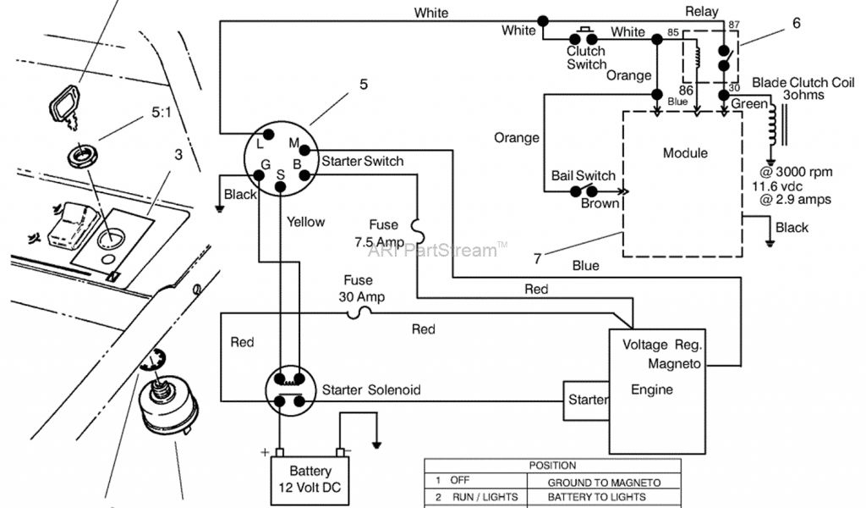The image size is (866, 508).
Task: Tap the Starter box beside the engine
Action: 586,399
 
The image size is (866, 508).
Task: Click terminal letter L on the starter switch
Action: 261,142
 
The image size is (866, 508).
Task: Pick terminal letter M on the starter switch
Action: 294,141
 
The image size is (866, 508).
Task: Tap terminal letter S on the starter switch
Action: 281,174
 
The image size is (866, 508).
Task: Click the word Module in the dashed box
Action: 685,153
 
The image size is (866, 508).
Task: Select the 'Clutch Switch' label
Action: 586,58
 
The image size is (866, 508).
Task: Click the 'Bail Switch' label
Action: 584,176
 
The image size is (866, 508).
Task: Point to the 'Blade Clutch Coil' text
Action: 803,83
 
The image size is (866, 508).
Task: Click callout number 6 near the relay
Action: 796,25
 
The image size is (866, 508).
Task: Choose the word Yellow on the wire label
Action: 305,222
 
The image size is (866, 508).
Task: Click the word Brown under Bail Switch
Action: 600,204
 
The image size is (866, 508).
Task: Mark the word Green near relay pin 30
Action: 749,104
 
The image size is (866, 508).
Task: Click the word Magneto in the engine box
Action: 674,364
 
